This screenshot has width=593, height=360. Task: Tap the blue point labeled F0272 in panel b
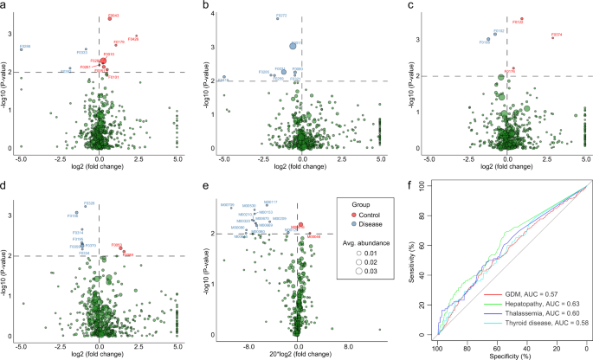pyautogui.click(x=277, y=18)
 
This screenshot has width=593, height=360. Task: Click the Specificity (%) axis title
pyautogui.click(x=511, y=354)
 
